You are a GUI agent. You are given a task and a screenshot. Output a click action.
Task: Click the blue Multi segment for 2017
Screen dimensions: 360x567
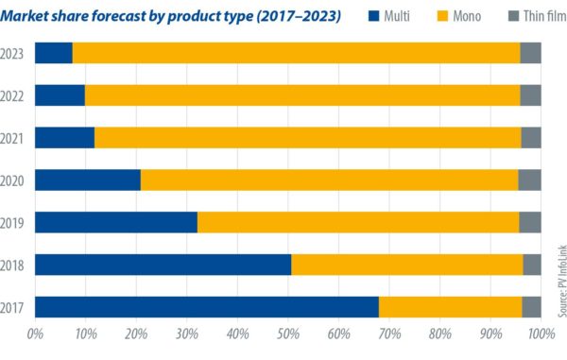[x=207, y=307]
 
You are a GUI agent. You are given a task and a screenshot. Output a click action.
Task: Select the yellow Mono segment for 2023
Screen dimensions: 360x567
[x=296, y=53]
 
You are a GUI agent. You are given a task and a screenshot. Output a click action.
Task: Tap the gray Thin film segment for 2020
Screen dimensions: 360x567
[x=529, y=180]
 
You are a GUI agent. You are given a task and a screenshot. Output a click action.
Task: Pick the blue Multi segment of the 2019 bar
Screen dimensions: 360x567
[x=116, y=222]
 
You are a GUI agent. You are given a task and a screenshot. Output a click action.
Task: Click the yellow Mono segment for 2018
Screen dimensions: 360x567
[x=407, y=265]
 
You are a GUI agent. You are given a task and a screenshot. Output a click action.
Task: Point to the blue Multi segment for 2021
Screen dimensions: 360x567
[x=64, y=137]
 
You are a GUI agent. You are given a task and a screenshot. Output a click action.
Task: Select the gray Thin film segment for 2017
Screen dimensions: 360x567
[x=531, y=307]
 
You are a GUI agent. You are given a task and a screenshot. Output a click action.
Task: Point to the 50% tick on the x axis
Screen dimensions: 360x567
[x=288, y=334]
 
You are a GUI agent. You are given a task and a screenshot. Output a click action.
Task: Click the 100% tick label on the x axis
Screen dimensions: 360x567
[x=541, y=334]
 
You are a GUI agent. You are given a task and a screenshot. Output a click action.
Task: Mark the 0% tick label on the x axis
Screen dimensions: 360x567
[x=35, y=334]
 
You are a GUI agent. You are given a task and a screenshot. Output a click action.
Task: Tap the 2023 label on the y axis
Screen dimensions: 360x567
[x=15, y=53]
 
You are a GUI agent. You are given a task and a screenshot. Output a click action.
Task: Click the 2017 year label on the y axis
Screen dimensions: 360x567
[x=15, y=307]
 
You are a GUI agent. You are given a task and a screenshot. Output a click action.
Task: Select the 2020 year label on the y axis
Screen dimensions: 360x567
[x=15, y=180]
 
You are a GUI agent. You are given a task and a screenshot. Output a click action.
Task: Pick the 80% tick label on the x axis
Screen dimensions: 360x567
[x=439, y=334]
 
